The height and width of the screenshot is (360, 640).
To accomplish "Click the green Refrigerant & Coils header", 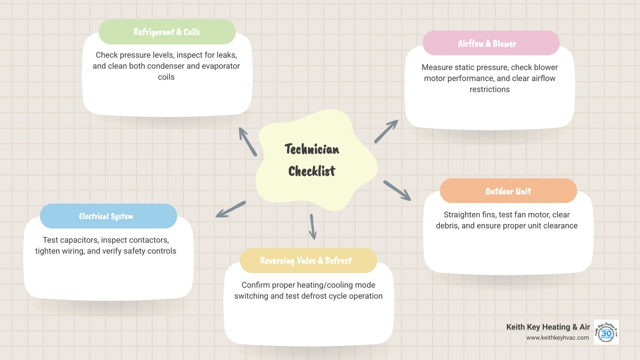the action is (x=167, y=32).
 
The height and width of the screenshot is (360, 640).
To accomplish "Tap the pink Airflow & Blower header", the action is (x=491, y=43).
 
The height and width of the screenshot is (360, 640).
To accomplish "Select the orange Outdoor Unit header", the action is (x=508, y=191).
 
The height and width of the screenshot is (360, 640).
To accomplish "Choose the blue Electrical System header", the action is (x=108, y=216).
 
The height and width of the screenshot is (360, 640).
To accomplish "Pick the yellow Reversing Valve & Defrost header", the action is (x=308, y=260).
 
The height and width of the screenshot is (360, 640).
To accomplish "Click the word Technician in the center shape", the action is (x=311, y=149).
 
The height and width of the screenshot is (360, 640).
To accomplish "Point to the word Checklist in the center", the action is (x=311, y=171).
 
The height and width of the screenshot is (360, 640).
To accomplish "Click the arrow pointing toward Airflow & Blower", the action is (x=386, y=131).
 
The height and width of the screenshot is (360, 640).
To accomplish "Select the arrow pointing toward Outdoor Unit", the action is (x=397, y=190).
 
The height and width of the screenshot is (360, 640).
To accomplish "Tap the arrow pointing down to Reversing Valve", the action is (x=312, y=226).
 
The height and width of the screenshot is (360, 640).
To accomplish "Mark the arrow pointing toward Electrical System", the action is (x=230, y=209).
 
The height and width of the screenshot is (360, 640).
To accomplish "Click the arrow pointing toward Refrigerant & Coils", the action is (x=247, y=141).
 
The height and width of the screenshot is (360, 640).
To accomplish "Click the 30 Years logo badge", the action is (x=606, y=332).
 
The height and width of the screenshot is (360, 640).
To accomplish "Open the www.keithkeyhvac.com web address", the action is (x=557, y=337).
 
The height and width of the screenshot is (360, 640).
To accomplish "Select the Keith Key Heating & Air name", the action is (x=548, y=327).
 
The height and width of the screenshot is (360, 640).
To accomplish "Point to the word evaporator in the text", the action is (x=220, y=66).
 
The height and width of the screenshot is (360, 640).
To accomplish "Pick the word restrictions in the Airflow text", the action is (x=489, y=89).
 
